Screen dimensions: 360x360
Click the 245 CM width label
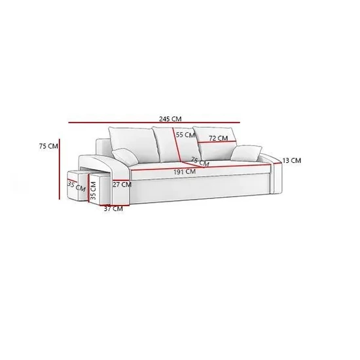(170, 119)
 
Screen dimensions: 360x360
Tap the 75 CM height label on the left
(48, 146)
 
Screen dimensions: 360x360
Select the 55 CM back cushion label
(185, 135)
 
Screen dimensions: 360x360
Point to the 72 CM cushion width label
(219, 138)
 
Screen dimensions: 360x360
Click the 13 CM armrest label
(291, 160)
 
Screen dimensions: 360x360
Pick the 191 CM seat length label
(185, 171)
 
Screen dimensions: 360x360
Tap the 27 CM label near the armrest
(122, 185)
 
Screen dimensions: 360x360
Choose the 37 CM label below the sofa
(113, 209)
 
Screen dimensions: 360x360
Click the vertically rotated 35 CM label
(93, 191)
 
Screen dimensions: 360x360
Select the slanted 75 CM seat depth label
(200, 162)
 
